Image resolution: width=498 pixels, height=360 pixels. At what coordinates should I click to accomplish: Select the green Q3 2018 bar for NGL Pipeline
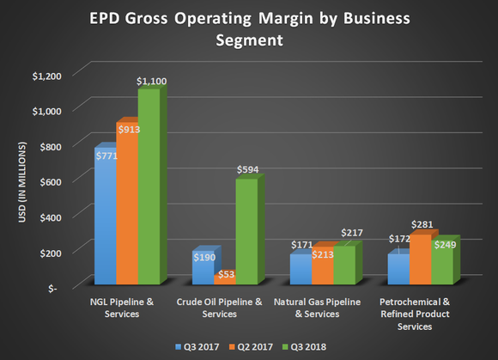(148, 189)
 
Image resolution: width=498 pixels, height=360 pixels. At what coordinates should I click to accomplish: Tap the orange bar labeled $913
(126, 206)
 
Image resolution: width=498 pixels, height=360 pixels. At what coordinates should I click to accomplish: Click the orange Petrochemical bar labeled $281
(421, 262)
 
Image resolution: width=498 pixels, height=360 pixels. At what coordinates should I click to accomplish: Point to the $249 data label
(444, 246)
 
